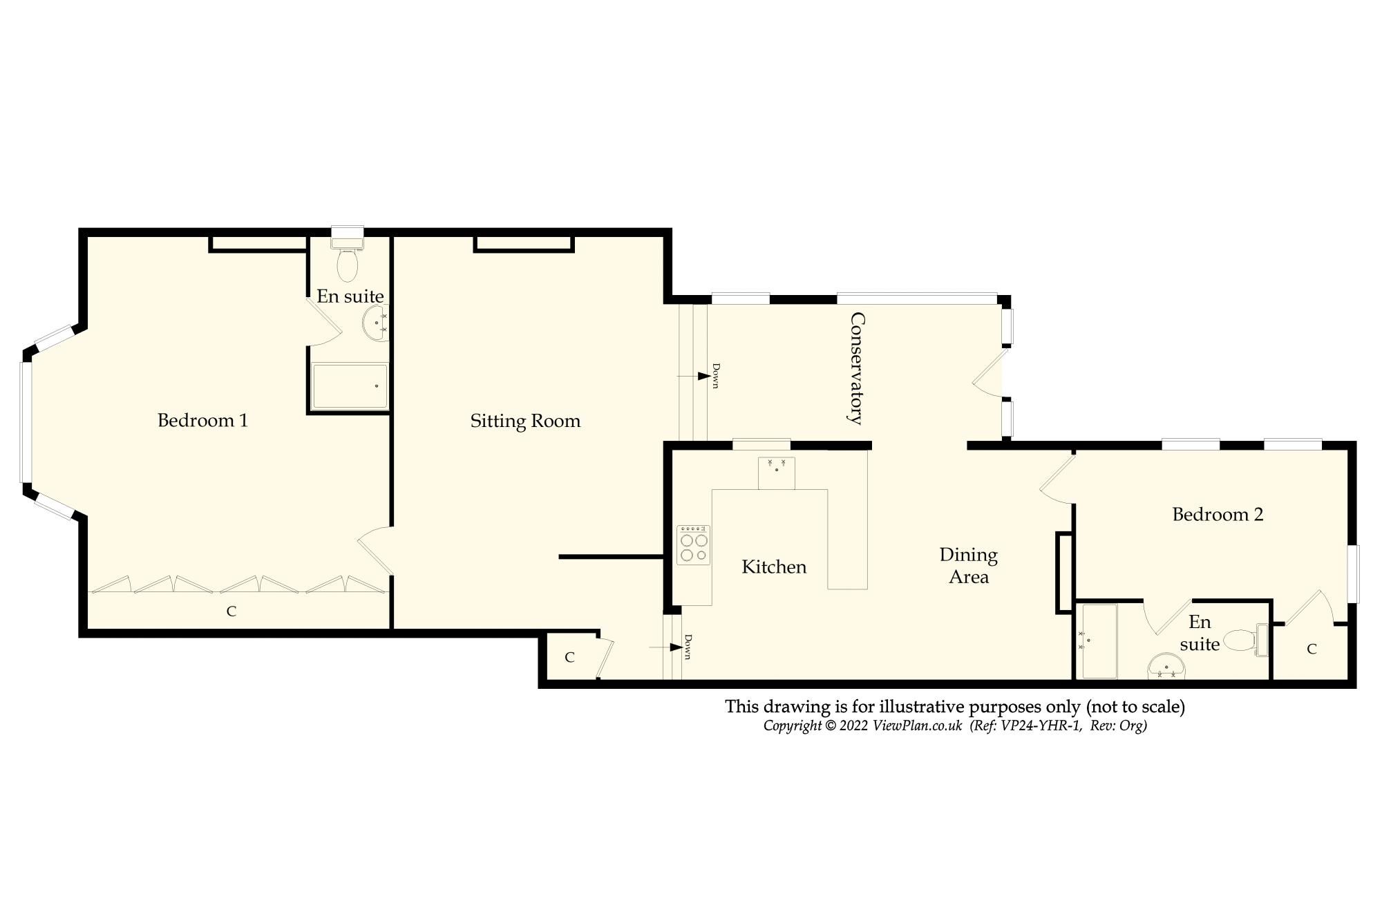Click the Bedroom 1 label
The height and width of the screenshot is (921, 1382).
(202, 420)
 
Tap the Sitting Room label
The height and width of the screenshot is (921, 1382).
(525, 421)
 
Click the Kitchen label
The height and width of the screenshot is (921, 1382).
(774, 567)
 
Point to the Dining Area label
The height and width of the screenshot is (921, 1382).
(968, 565)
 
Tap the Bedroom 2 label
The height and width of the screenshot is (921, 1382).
(1218, 514)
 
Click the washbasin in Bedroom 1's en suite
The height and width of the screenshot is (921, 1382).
(376, 323)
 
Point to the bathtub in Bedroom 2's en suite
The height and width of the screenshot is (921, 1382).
(1099, 641)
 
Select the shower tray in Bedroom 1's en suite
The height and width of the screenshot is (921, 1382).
(350, 386)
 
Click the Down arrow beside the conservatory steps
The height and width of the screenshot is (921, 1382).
(703, 376)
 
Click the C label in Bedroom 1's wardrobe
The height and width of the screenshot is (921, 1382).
(231, 611)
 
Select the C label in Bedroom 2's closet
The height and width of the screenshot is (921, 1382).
(1312, 649)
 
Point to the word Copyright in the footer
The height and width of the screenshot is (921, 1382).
(793, 725)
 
